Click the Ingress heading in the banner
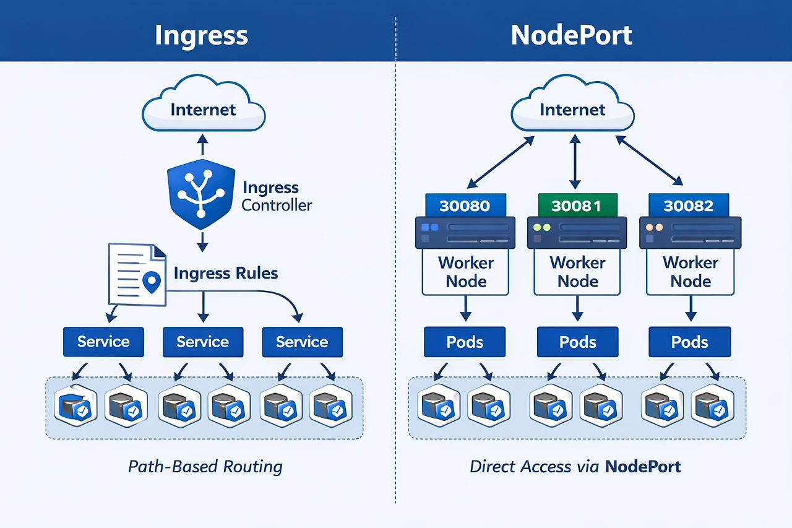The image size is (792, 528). coord(201,35)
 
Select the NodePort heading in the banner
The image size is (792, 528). coord(572,35)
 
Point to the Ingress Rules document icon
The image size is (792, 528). coord(137,274)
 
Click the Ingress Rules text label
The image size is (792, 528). coord(226,273)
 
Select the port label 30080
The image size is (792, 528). coord(466,206)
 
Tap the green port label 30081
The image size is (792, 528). coord(578,206)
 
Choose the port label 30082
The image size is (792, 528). coord(689,206)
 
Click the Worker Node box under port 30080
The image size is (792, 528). coord(465,272)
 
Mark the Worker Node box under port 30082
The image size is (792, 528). coord(690,272)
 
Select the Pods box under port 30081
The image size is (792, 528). coord(578,342)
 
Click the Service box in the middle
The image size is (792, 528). coord(203,342)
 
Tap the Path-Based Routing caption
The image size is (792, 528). coord(205,466)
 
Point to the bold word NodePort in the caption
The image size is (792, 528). coord(643,466)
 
